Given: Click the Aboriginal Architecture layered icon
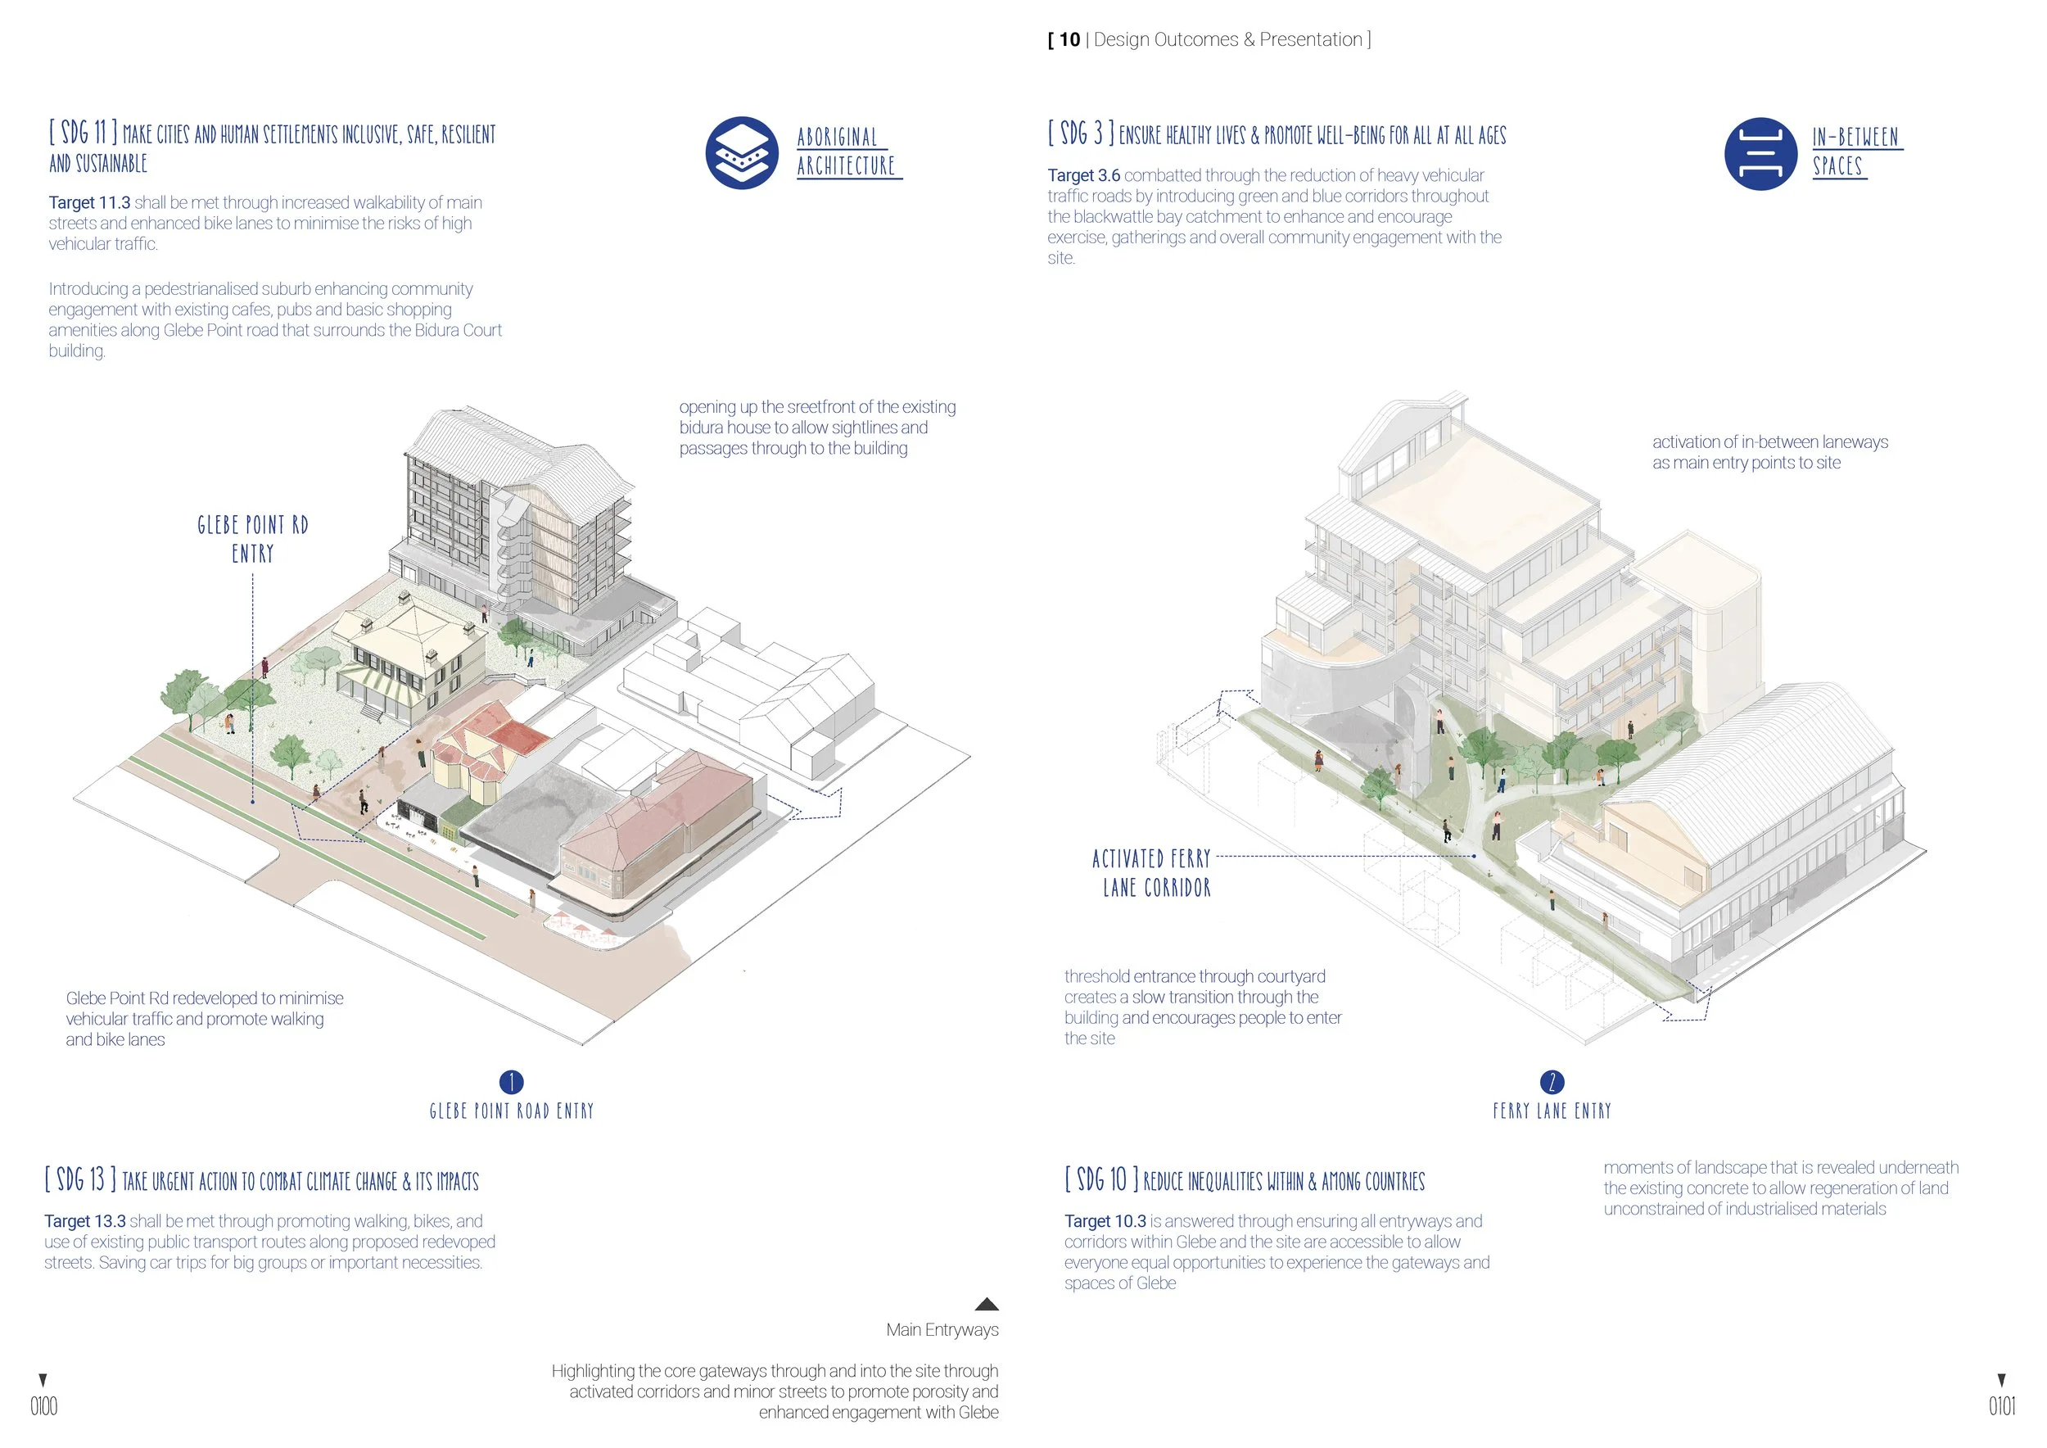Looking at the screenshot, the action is (x=742, y=152).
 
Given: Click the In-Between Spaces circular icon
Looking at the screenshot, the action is (x=1760, y=153).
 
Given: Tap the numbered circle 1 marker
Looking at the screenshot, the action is (x=511, y=1082).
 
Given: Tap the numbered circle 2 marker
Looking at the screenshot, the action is (x=1552, y=1082).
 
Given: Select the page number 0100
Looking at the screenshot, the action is (x=43, y=1406).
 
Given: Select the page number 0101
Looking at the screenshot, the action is (x=2001, y=1406).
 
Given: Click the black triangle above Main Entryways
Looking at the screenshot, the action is (x=986, y=1304).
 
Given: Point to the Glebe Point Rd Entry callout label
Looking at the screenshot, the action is (x=252, y=539).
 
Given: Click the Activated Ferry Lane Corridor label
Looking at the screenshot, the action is (x=1152, y=873).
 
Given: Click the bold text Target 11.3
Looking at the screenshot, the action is (x=89, y=203).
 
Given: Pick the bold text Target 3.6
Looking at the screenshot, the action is (x=1083, y=175).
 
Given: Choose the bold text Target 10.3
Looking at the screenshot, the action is (x=1105, y=1220).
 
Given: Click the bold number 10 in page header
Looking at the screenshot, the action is (x=1069, y=39).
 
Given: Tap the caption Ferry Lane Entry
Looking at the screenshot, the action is (x=1552, y=1111).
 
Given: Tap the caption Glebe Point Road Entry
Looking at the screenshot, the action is (x=511, y=1111).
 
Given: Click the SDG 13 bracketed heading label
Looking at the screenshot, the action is (x=80, y=1179).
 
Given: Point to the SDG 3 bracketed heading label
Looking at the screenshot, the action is (x=1081, y=133).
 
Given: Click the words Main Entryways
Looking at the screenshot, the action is (x=942, y=1329).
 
